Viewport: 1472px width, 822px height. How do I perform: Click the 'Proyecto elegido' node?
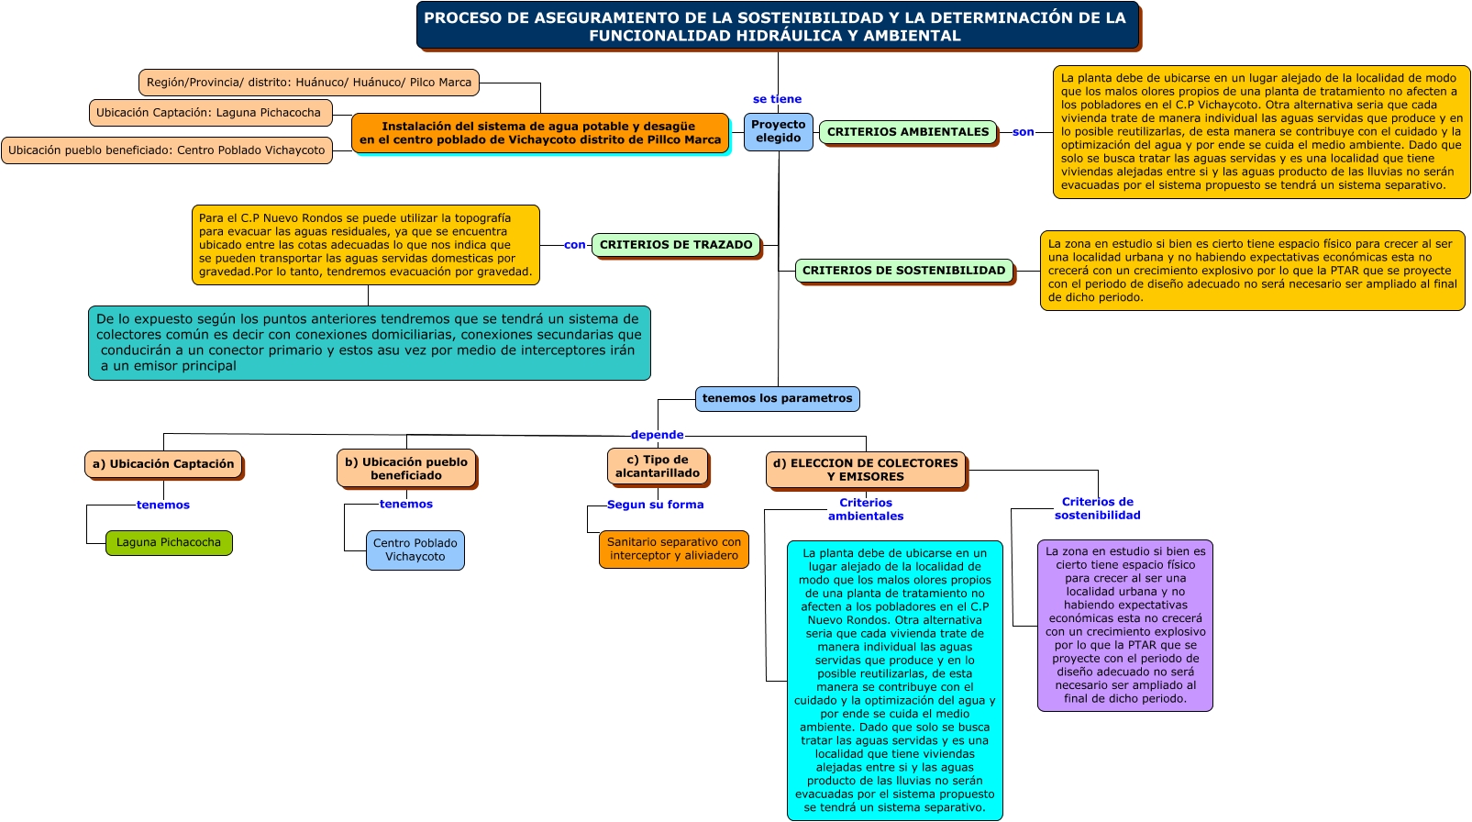778,131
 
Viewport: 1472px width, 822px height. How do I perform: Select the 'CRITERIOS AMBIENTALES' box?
908,132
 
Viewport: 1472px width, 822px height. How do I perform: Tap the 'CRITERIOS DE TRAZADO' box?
676,245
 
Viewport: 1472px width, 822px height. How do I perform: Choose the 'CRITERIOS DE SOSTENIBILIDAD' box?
903,271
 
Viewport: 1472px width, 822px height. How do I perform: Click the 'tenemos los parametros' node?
777,398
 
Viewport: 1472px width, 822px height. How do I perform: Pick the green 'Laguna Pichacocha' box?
169,542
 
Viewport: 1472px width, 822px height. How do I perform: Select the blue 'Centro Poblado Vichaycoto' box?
415,550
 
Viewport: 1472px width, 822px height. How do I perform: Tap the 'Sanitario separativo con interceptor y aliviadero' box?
673,549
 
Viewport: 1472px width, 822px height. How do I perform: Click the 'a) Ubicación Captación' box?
163,464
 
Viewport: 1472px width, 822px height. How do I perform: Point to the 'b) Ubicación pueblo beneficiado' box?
405,469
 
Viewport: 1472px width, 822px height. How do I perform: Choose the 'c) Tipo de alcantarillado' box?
657,466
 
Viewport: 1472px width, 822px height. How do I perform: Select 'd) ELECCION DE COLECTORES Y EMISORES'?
865,470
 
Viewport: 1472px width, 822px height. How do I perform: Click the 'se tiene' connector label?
777,99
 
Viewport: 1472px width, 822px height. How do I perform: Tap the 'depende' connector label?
657,435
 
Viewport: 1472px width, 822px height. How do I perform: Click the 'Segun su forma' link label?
655,505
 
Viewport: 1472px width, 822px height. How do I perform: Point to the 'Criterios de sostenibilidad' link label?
1097,508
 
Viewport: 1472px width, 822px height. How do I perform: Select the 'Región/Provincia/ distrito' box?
309,83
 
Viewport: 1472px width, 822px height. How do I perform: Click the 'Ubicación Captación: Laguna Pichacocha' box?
209,113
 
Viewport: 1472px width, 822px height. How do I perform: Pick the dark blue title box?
778,27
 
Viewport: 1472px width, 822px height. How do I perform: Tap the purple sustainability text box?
1124,625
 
